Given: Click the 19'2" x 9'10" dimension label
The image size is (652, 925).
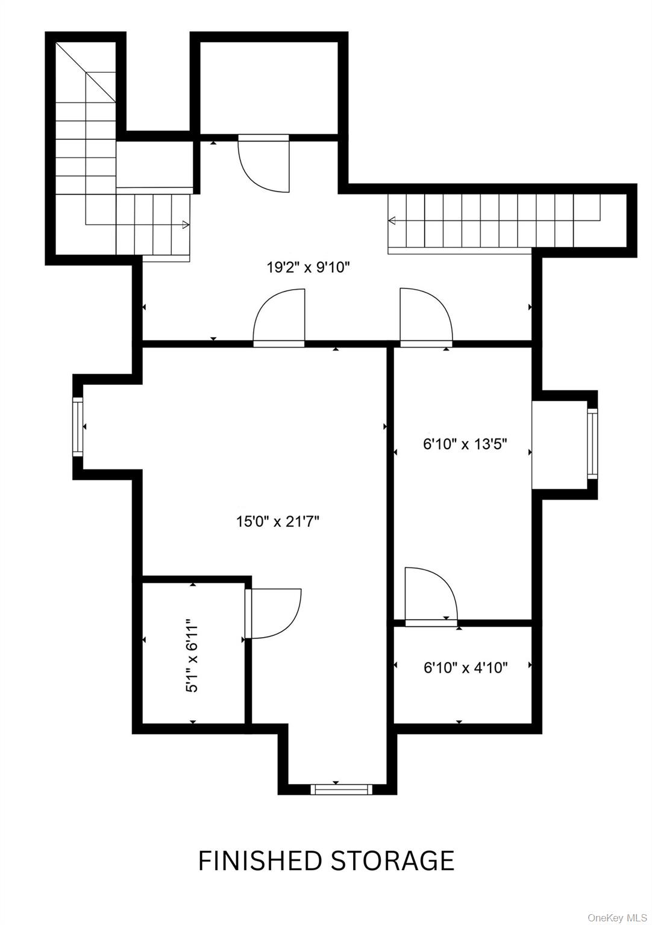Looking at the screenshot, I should (x=309, y=267).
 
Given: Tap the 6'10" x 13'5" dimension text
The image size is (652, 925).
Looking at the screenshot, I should (x=465, y=444).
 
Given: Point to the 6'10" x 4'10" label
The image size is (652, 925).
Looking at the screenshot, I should (x=465, y=667).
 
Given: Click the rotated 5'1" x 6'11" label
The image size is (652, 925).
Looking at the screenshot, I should (x=192, y=655).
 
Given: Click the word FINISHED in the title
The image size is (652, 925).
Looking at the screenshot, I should (x=260, y=861).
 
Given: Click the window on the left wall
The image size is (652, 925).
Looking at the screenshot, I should (x=78, y=426).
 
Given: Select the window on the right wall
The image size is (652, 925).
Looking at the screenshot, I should (x=592, y=443).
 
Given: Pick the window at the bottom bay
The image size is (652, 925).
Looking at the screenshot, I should (x=342, y=789).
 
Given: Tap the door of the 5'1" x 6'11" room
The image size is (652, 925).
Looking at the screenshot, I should (x=274, y=613).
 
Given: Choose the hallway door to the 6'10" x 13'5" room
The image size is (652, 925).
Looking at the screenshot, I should (x=425, y=317).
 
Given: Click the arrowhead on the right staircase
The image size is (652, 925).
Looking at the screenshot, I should (x=392, y=220).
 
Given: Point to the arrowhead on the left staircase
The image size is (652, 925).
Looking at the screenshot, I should (x=186, y=225).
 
